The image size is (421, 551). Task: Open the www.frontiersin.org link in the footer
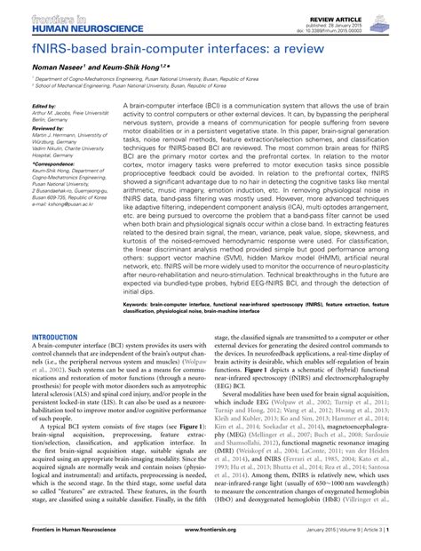click(x=210, y=539)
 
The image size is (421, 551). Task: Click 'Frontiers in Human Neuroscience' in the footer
click(x=70, y=539)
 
